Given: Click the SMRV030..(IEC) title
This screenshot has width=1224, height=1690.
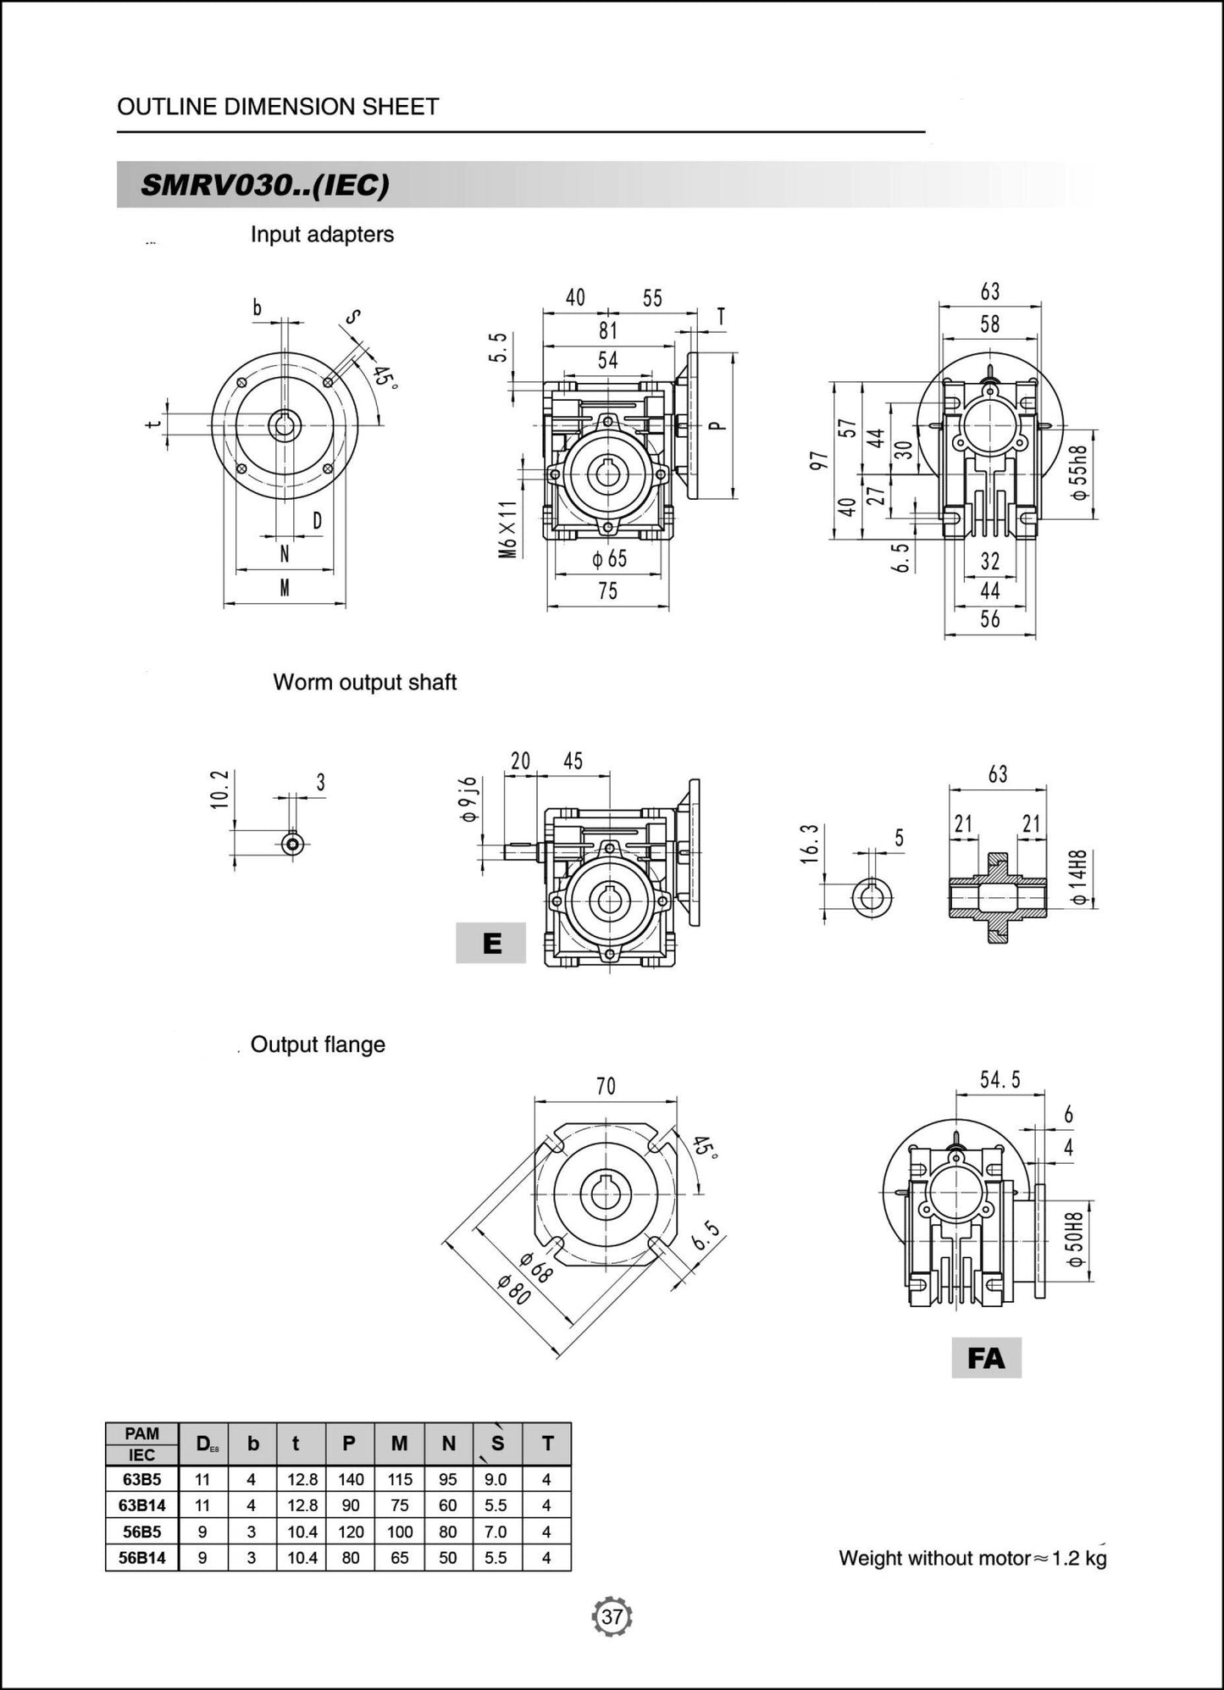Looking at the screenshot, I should pos(265,186).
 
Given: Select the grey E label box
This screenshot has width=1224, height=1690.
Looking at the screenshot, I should pos(491,943).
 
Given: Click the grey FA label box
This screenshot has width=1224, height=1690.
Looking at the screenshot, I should pos(986,1358).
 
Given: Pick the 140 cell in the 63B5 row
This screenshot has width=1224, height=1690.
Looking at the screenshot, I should pos(350,1479).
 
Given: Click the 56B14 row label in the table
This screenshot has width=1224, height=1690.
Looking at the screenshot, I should pos(141,1557).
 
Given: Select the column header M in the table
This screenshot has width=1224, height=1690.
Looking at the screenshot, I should pos(399,1443).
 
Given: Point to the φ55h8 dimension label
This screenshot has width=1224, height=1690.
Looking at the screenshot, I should pos(1078,473).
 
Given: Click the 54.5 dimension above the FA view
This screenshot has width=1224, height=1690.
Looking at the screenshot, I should pos(1000,1080).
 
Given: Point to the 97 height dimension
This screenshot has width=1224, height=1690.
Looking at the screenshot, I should pos(819,461).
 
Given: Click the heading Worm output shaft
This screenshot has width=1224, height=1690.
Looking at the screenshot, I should pos(364,682).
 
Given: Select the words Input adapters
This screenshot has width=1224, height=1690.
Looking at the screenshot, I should pos(322,235).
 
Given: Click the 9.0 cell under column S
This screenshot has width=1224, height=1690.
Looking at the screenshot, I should pos(496,1479).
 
